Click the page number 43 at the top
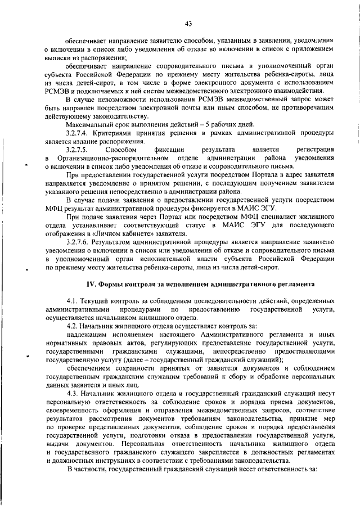(188, 23)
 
